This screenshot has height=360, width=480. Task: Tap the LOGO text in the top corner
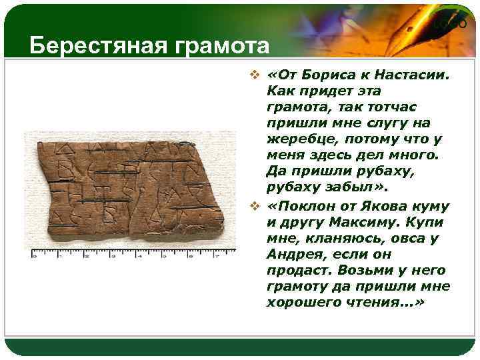click(x=451, y=25)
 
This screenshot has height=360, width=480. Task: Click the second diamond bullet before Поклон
click(x=257, y=207)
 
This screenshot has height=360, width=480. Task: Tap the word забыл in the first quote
click(x=339, y=187)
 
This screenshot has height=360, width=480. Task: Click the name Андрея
click(x=292, y=255)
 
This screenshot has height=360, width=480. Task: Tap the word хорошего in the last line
click(x=301, y=303)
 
